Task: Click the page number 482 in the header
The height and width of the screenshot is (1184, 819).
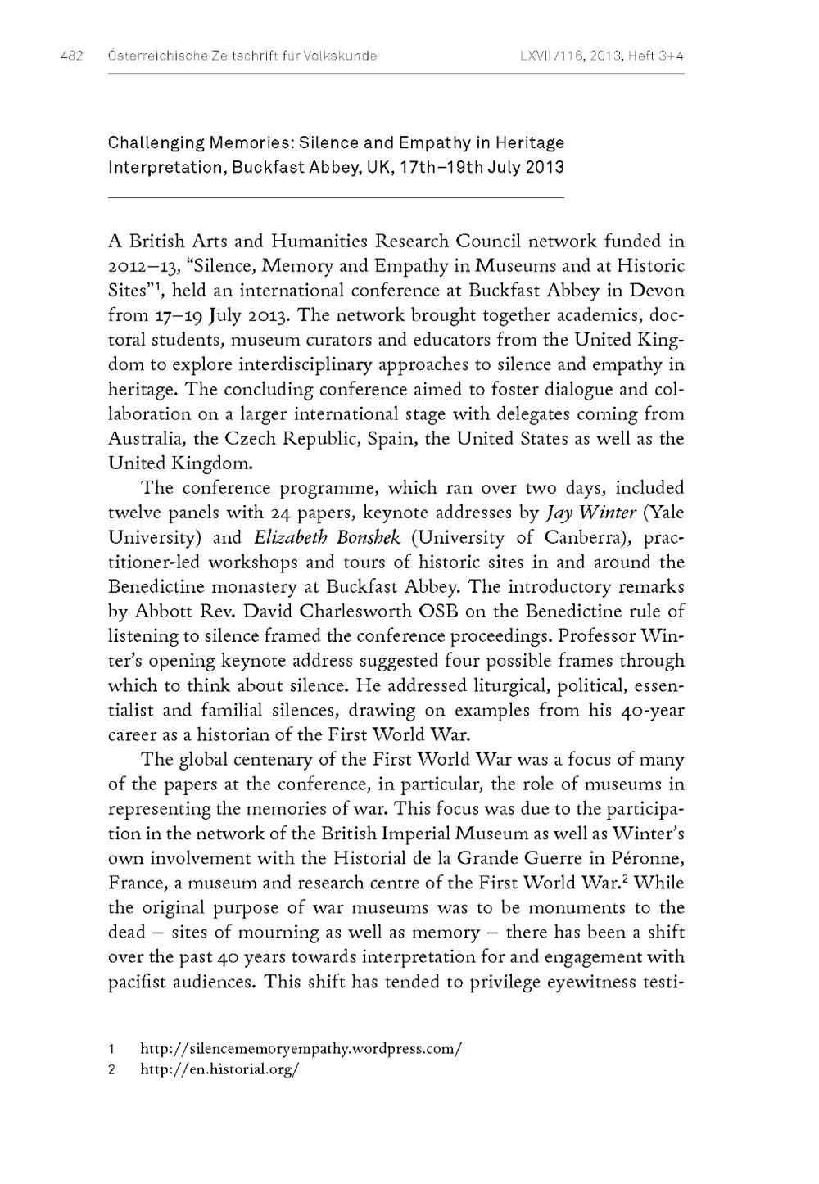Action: pos(71,56)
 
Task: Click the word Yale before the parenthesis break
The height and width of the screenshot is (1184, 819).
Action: pos(665,513)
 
